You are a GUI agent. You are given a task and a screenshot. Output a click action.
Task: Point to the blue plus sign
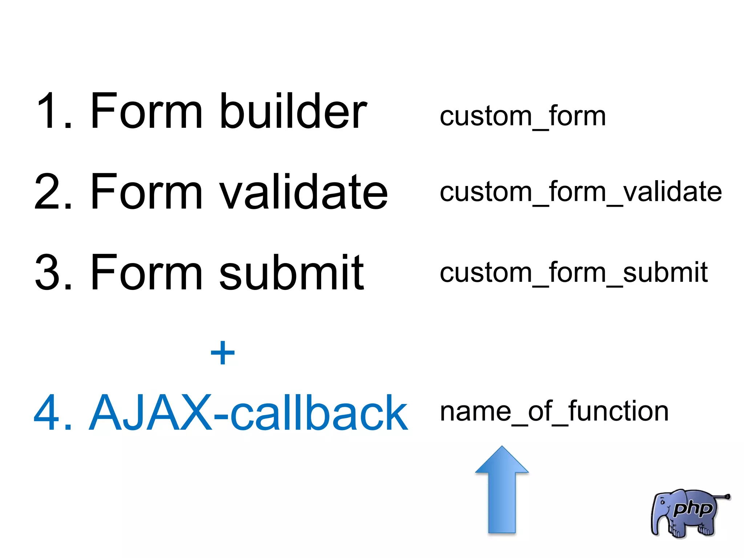tap(223, 352)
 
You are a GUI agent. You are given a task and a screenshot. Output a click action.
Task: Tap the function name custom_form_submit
tap(573, 272)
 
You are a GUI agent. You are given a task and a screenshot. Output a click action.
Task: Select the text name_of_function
tap(554, 411)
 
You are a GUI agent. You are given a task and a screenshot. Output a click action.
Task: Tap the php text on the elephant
tap(692, 509)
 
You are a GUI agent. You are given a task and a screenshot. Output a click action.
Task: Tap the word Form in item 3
tap(146, 272)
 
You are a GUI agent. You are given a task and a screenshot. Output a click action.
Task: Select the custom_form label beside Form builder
tap(522, 116)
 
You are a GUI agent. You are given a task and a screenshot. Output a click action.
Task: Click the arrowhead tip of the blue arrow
tap(502, 448)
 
